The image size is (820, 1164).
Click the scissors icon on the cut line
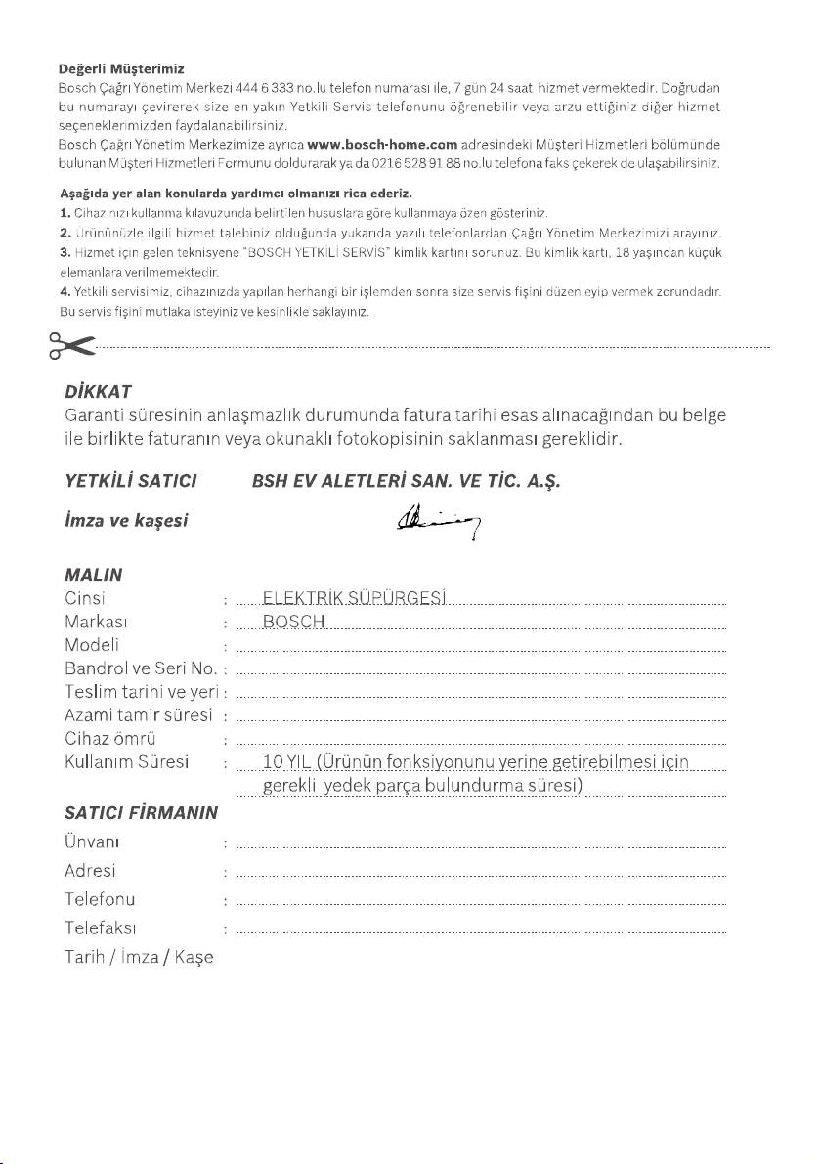pyautogui.click(x=70, y=345)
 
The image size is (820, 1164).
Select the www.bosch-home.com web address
pyautogui.click(x=382, y=144)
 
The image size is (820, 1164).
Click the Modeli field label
pyautogui.click(x=92, y=644)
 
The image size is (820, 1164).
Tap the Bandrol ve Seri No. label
pyautogui.click(x=141, y=668)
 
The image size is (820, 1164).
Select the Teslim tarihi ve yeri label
pyautogui.click(x=140, y=692)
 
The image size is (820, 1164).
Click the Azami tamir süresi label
pyautogui.click(x=138, y=715)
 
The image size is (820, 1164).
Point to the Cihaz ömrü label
pyautogui.click(x=110, y=738)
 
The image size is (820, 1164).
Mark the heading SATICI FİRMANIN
pyautogui.click(x=140, y=811)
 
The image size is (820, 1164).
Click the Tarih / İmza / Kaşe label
pyautogui.click(x=139, y=956)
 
